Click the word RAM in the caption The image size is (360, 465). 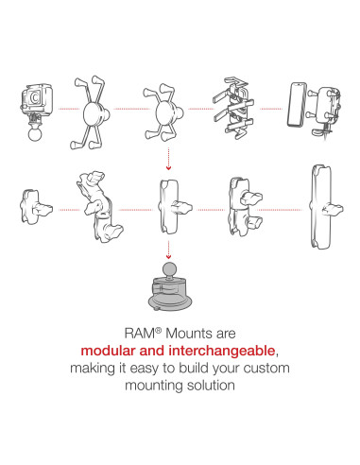(140, 334)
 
